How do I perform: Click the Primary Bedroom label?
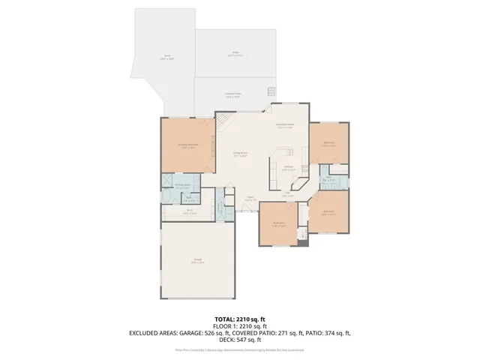click(x=187, y=145)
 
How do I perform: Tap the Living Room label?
click(x=240, y=154)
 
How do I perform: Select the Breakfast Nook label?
click(x=284, y=126)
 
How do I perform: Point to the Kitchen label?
click(x=288, y=168)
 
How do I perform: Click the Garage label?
click(x=197, y=261)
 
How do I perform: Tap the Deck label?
click(x=167, y=56)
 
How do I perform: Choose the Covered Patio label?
click(x=232, y=94)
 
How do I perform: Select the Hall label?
click(x=287, y=193)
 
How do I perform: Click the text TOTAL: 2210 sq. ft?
click(x=240, y=319)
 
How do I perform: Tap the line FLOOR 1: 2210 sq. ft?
click(x=240, y=325)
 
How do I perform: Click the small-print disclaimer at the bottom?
click(x=240, y=349)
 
